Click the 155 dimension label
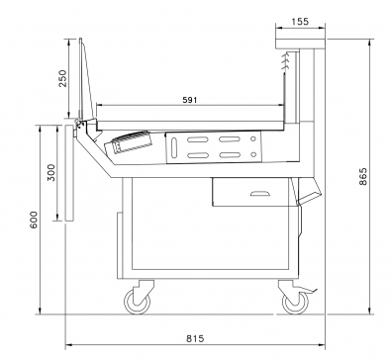(300, 22)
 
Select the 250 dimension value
(62, 78)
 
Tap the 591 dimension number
(190, 100)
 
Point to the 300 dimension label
(51, 172)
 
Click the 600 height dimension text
(34, 220)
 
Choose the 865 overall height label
(362, 176)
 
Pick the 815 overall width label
(195, 338)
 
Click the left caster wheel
(138, 302)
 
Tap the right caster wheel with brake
(296, 302)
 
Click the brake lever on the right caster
(309, 290)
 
